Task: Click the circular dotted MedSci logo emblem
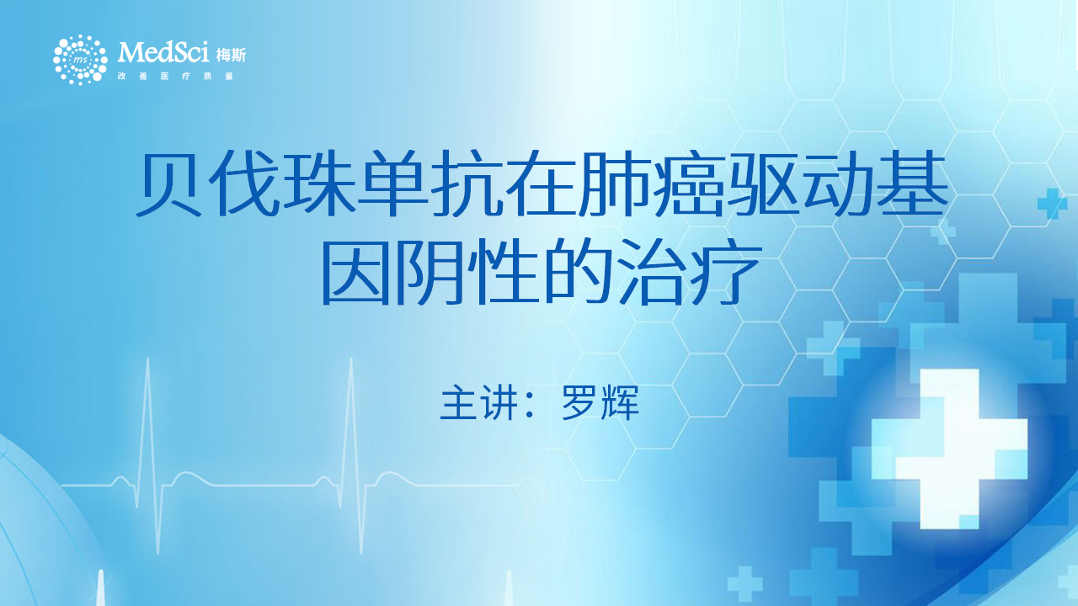(x=80, y=60)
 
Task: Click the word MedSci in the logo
(x=163, y=52)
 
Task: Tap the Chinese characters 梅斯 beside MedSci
(x=231, y=56)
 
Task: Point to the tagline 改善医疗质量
(x=176, y=76)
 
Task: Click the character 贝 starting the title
(x=169, y=183)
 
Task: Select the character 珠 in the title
(x=319, y=183)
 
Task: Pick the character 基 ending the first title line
(x=912, y=183)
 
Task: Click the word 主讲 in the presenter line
(x=479, y=403)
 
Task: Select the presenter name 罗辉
(x=600, y=403)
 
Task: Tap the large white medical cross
(x=949, y=447)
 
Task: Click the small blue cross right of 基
(x=1052, y=204)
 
